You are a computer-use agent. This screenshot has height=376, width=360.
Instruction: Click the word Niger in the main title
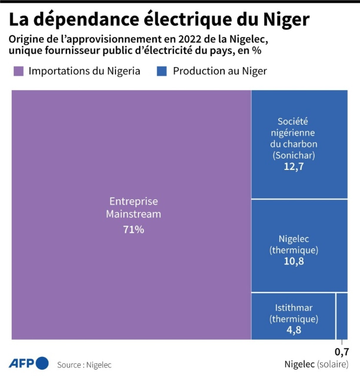coord(286,19)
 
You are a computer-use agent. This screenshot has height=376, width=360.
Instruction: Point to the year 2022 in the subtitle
coord(192,39)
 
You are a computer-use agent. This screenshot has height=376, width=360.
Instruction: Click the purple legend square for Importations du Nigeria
coord(19,71)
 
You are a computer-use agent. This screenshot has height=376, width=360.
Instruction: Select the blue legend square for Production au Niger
coord(161,71)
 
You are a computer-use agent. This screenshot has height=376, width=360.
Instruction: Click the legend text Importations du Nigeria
coord(84,71)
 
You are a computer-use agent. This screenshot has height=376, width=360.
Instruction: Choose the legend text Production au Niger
coord(220,71)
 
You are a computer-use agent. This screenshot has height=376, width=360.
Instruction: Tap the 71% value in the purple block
coord(134,229)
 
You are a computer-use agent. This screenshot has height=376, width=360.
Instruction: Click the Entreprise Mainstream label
coord(134,208)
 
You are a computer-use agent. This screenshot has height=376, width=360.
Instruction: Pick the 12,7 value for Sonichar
coord(294,167)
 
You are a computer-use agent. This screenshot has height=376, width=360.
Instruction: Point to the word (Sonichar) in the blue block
coord(294,155)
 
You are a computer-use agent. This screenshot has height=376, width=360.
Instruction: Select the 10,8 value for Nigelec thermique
coord(294,261)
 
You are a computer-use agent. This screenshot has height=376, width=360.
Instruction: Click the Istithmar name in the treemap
coord(294,308)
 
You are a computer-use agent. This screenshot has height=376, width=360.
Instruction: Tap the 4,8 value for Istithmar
coord(294,330)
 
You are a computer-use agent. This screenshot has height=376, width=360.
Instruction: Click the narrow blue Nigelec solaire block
coord(342,316)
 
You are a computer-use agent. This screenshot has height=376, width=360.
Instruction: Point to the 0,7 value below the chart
coord(341,352)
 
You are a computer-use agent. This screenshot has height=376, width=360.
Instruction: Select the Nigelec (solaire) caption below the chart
coord(316,365)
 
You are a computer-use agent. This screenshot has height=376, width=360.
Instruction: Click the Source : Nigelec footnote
coord(84,365)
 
